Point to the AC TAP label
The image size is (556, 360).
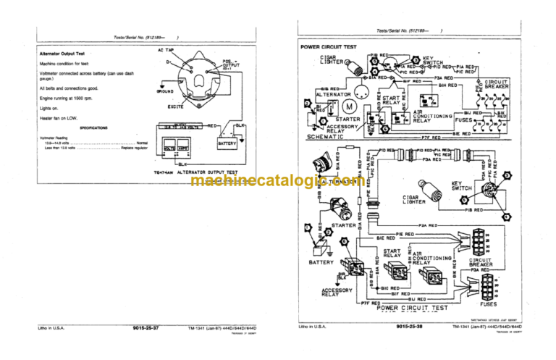click(x=166, y=50)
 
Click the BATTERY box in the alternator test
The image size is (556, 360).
click(x=227, y=144)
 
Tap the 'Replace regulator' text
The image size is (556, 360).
click(x=135, y=148)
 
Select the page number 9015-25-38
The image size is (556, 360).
click(x=410, y=327)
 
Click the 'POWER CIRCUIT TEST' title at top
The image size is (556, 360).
click(x=330, y=47)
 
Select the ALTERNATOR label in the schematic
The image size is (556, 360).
click(x=334, y=94)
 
